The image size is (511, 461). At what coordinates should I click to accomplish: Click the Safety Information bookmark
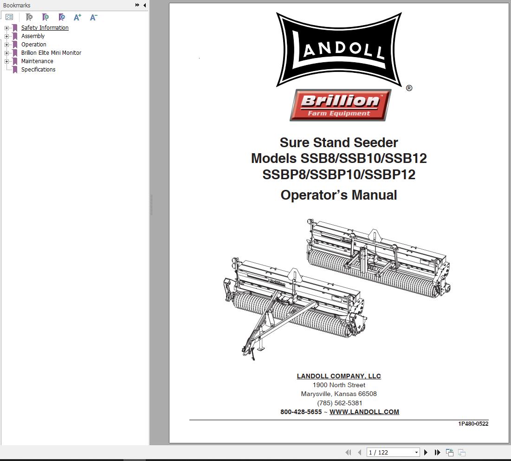pos(45,28)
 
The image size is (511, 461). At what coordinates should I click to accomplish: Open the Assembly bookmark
pos(33,36)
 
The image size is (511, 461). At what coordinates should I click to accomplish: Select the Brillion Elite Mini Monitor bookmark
pos(51,53)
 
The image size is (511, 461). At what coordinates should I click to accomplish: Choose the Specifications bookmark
pos(38,70)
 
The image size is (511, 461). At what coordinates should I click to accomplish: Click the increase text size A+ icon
pos(78,17)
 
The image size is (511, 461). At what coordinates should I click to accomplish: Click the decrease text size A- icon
pos(93,17)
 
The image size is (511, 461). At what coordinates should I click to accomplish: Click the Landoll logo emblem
pos(339,50)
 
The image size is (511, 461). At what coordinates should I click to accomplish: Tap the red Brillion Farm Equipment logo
pos(340,105)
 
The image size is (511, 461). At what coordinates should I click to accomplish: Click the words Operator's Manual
pos(339,195)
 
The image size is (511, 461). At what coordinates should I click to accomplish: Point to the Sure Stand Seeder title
pos(339,143)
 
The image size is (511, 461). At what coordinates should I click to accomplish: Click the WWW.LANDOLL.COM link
pos(364,412)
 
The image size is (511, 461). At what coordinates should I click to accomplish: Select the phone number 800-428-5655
pos(301,412)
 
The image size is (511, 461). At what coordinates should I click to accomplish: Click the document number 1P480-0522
pos(473,423)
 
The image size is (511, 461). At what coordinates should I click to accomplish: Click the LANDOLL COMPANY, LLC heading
pos(339,376)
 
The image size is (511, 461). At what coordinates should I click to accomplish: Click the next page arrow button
pos(426,452)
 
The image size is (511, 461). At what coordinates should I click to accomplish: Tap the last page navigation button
pos(437,452)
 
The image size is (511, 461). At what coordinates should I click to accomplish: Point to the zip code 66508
pos(368,394)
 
